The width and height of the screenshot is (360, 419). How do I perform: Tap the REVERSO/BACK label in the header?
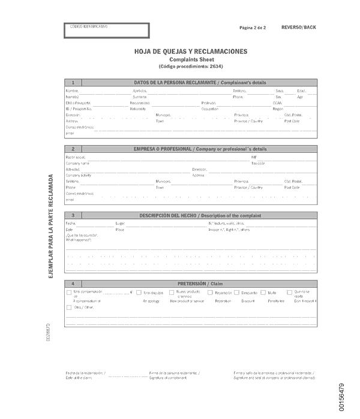(x=298, y=28)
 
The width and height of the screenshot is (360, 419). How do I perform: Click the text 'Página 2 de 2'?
(x=253, y=28)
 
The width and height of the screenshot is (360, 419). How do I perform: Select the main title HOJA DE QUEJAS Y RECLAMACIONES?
(x=190, y=52)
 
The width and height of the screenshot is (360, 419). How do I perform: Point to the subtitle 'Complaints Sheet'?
(x=190, y=60)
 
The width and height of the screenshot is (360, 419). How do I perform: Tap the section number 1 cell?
(x=73, y=83)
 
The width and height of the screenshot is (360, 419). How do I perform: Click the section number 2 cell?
(x=73, y=149)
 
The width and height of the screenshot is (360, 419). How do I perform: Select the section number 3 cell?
(x=73, y=215)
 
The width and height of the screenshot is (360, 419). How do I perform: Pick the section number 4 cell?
(x=73, y=283)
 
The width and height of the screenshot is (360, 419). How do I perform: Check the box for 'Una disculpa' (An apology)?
(x=139, y=293)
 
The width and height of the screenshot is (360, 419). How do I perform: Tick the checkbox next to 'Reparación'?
(x=210, y=293)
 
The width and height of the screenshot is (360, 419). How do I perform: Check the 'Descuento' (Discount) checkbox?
(x=237, y=293)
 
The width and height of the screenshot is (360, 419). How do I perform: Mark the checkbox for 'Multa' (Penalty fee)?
(x=263, y=293)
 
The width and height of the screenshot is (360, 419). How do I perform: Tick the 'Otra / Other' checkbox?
(x=69, y=308)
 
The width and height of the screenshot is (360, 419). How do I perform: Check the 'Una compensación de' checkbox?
(x=69, y=293)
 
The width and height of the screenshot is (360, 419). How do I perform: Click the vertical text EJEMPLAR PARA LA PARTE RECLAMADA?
(x=51, y=225)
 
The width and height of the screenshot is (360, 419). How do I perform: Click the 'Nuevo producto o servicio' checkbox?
(x=172, y=293)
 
